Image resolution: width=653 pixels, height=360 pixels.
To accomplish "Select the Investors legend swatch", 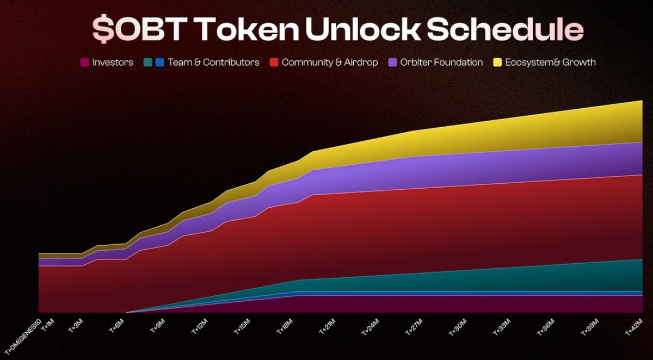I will tap(84, 63).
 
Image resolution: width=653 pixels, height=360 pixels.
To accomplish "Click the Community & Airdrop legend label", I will tap(330, 63).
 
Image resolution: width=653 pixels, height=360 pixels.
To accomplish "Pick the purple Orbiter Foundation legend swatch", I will tap(392, 63).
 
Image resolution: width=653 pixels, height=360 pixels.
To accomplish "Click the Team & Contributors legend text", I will tap(213, 63).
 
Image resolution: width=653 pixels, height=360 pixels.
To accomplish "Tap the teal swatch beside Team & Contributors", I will tap(147, 63).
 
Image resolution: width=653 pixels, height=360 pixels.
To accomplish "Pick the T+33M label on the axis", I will tap(501, 326).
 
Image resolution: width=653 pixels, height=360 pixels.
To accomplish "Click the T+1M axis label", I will tap(48, 325).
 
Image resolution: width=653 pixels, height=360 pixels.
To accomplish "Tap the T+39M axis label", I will tap(587, 326).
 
